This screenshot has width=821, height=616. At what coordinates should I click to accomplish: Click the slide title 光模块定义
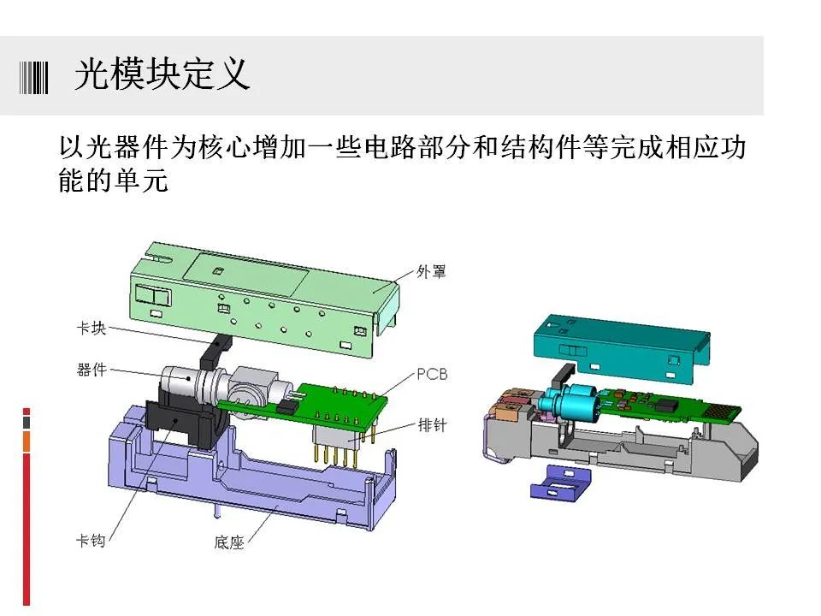coord(162,76)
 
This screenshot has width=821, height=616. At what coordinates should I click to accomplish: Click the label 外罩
coord(431,272)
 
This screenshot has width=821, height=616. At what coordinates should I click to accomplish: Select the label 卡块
coord(92,328)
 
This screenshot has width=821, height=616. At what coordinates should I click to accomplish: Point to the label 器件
coord(92,370)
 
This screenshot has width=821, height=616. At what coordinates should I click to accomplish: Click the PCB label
coord(432,374)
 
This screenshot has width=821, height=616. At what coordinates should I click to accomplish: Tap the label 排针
coord(432,424)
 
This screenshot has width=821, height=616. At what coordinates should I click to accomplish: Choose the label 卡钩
coord(92,541)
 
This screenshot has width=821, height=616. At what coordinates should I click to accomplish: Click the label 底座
coord(229,542)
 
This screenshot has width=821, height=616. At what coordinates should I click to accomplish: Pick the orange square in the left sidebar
coord(27,441)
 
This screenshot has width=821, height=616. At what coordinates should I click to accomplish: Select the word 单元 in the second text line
coord(145,181)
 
